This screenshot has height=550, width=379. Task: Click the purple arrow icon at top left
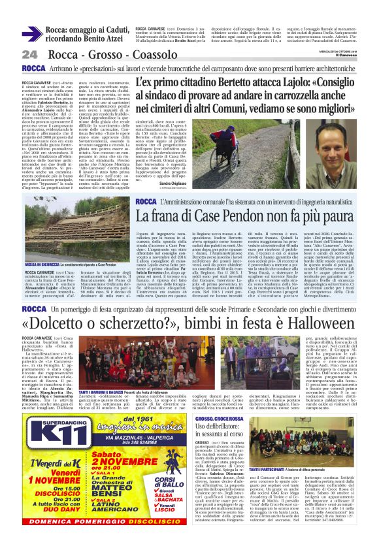point(32,34)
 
